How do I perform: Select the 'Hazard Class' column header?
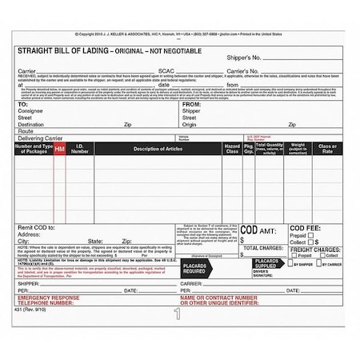[x=232, y=149]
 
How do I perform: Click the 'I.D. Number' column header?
[x=80, y=149]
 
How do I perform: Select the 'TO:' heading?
[x=23, y=104]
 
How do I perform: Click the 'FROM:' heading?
[x=192, y=104]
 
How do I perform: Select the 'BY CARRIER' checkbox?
[x=320, y=263]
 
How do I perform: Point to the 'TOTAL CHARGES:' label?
[x=262, y=249]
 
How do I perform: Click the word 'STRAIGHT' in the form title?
[x=36, y=50]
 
